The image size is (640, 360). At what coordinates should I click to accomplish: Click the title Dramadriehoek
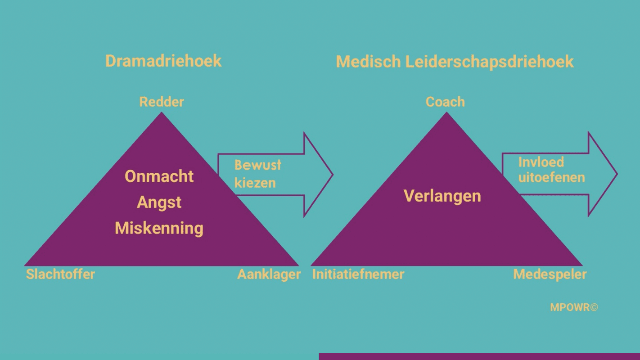163,61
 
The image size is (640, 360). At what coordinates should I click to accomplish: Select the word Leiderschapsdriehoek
489,62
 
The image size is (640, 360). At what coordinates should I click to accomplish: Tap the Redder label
162,102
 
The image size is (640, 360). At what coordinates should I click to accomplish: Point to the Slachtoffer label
60,274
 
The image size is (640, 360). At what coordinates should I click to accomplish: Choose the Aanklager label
269,274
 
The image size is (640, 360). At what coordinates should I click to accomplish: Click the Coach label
445,102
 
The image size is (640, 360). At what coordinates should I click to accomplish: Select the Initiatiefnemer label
358,274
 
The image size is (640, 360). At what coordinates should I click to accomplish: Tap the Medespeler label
550,274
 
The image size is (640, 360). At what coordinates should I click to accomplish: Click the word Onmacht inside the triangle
159,176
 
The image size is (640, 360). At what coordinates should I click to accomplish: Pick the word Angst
159,202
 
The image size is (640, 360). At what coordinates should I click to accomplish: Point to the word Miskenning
159,228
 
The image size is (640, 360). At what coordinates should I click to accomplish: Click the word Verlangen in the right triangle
442,196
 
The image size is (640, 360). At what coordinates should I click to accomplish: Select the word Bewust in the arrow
258,165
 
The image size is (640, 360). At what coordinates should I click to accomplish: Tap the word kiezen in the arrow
255,183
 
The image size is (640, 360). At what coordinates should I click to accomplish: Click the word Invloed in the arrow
541,162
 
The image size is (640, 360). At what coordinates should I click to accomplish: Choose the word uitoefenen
551,177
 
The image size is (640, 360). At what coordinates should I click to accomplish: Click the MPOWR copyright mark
574,307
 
